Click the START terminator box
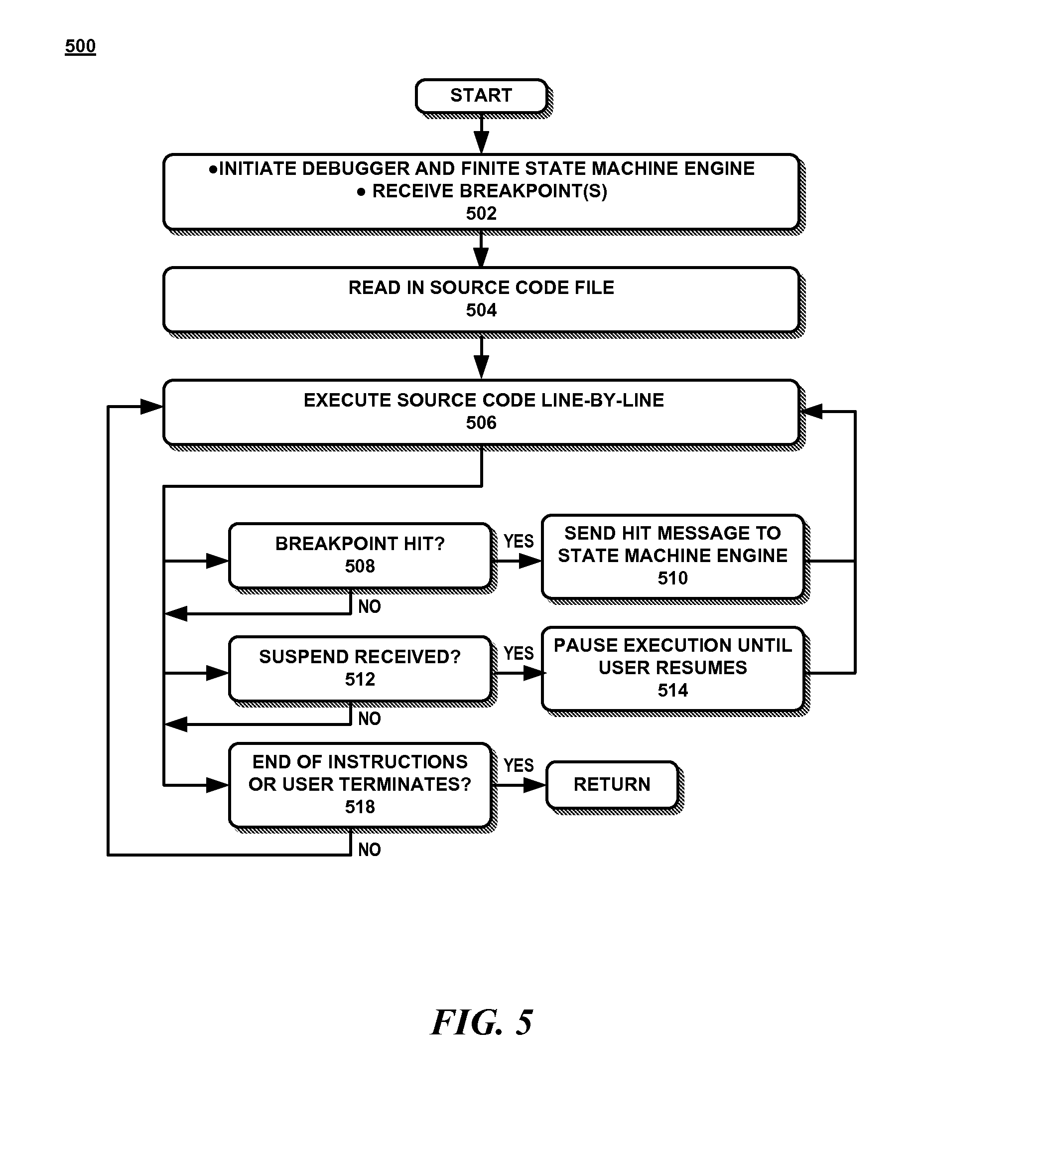coord(481,96)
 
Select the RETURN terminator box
coord(612,784)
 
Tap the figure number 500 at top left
coord(80,46)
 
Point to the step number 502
coord(481,214)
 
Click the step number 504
coord(481,310)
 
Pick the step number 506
coord(481,423)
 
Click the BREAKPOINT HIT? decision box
coord(360,555)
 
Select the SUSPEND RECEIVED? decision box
coord(360,668)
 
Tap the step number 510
coord(672,578)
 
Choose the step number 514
coord(672,690)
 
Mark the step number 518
coord(360,807)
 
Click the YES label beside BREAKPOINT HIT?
coord(519,542)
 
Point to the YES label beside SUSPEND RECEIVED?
coord(519,654)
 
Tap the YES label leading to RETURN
coord(519,765)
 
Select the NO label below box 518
coord(369,850)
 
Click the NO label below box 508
coord(369,607)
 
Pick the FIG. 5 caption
coord(482,1023)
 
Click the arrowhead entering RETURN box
coord(536,785)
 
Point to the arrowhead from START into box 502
coord(481,143)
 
